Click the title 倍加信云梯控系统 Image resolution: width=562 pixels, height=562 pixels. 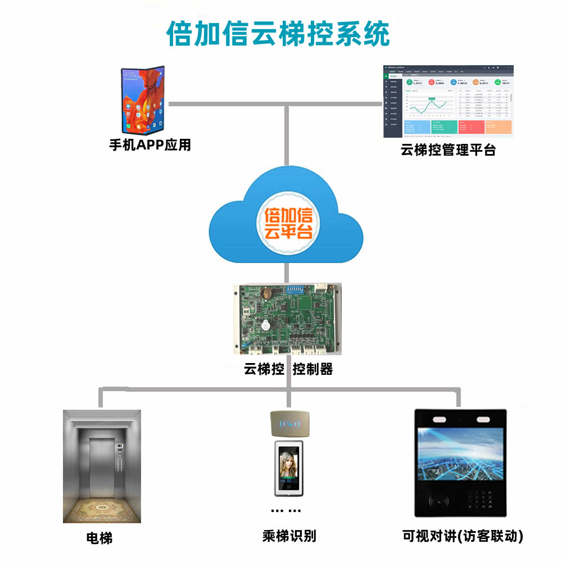[278, 34]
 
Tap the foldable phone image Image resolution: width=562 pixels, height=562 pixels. [143, 100]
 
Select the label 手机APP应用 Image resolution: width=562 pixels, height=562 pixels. [150, 145]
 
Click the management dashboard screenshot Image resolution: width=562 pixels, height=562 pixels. [448, 102]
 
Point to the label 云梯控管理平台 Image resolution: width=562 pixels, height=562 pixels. [448, 150]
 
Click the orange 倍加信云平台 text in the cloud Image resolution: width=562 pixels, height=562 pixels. [288, 223]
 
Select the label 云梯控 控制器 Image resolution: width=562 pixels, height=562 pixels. [288, 369]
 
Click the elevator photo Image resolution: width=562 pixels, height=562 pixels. [102, 466]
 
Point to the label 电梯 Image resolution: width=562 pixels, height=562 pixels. [99, 538]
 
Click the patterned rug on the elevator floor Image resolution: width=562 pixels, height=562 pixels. [102, 508]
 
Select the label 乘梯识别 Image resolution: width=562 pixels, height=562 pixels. [289, 536]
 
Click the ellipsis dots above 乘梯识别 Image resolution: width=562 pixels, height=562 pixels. [286, 511]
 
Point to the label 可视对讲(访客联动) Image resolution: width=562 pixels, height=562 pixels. [463, 536]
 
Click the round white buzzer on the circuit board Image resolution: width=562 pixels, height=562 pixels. [263, 325]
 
